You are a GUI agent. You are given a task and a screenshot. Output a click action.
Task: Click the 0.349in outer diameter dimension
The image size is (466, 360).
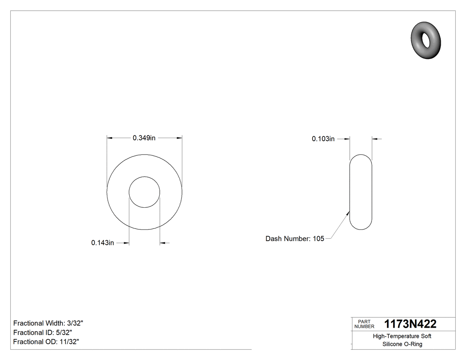[144, 138]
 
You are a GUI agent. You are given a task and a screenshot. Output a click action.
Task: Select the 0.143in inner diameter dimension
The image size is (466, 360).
[103, 243]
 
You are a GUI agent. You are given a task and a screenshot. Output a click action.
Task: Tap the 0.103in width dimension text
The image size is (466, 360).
[323, 139]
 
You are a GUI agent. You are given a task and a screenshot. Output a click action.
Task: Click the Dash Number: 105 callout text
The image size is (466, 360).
[295, 239]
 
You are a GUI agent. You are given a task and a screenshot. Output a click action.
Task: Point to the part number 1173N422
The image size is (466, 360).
[410, 324]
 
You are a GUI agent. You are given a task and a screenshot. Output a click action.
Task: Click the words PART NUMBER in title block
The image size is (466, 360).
[364, 324]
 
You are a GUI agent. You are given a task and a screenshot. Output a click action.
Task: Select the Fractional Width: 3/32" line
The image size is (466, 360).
[48, 323]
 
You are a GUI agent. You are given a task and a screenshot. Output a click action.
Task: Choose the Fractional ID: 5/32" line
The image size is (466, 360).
[43, 332]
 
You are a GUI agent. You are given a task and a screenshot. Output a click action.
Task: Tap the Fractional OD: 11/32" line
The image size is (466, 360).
[46, 342]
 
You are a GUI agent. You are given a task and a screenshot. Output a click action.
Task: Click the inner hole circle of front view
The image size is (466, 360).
[144, 192]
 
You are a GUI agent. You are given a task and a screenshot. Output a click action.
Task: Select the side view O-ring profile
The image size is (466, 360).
[361, 192]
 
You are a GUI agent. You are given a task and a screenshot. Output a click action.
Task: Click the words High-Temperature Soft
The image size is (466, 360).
[402, 336]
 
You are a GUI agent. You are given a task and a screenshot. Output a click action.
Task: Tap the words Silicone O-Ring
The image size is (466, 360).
[402, 344]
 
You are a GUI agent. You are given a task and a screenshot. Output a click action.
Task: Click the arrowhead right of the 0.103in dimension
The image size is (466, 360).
[375, 139]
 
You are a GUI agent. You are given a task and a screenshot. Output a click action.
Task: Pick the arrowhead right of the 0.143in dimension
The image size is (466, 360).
[162, 243]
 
